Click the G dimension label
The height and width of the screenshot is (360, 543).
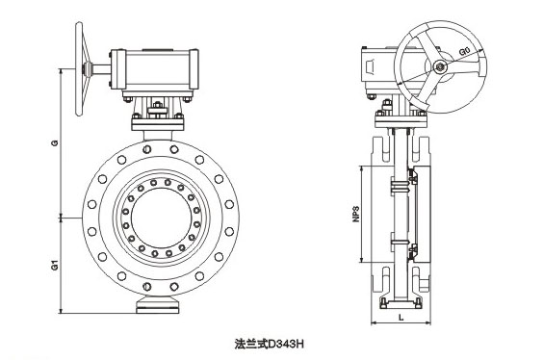55,142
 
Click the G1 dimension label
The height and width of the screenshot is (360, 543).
55,266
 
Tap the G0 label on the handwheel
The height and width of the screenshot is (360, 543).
465,52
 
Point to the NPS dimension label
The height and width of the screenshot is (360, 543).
356,214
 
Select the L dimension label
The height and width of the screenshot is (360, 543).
401,317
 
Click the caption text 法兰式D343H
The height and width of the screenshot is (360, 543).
269,344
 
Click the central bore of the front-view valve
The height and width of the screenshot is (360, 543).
161,219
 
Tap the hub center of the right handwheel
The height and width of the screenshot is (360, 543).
440,67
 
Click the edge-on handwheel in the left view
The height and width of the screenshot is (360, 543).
80,68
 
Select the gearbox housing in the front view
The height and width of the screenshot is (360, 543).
154,70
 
